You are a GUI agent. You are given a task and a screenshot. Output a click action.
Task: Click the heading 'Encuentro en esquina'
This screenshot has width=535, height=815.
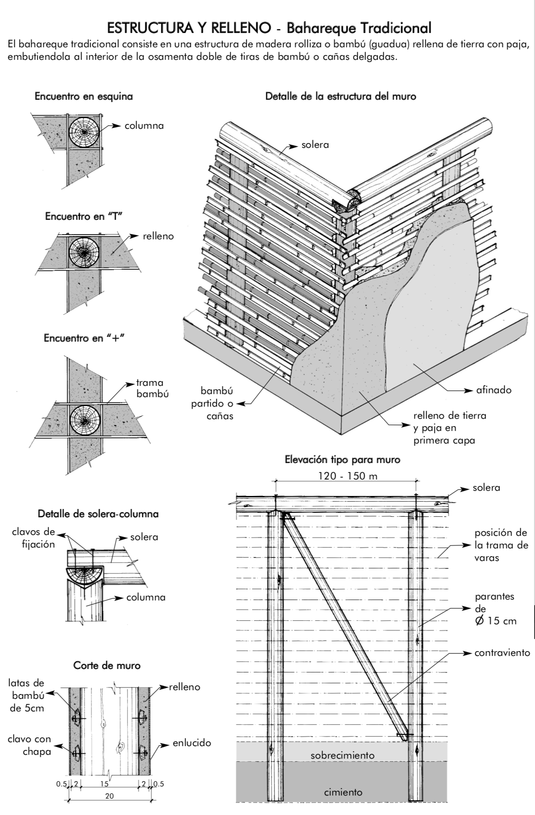tap(84, 96)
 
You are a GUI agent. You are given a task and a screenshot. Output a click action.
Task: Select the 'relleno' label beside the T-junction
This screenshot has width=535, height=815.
tap(158, 236)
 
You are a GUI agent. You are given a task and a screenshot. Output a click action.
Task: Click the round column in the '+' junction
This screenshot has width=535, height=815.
tap(85, 421)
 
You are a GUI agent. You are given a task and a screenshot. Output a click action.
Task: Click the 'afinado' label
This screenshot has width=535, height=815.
tap(494, 390)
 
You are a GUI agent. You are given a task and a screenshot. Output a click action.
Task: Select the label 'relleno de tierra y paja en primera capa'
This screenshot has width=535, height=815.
tap(450, 428)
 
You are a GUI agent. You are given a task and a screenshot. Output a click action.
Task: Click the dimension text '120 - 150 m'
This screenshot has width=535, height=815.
tap(348, 476)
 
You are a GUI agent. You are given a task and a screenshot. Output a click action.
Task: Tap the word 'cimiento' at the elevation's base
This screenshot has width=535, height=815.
tap(343, 792)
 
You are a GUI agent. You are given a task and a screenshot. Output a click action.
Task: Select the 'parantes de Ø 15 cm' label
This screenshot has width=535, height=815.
tap(495, 609)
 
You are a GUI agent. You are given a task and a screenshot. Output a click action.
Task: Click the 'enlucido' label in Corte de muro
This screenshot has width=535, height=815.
tap(192, 743)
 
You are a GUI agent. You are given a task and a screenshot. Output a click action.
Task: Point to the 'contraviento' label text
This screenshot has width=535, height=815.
tap(502, 652)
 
